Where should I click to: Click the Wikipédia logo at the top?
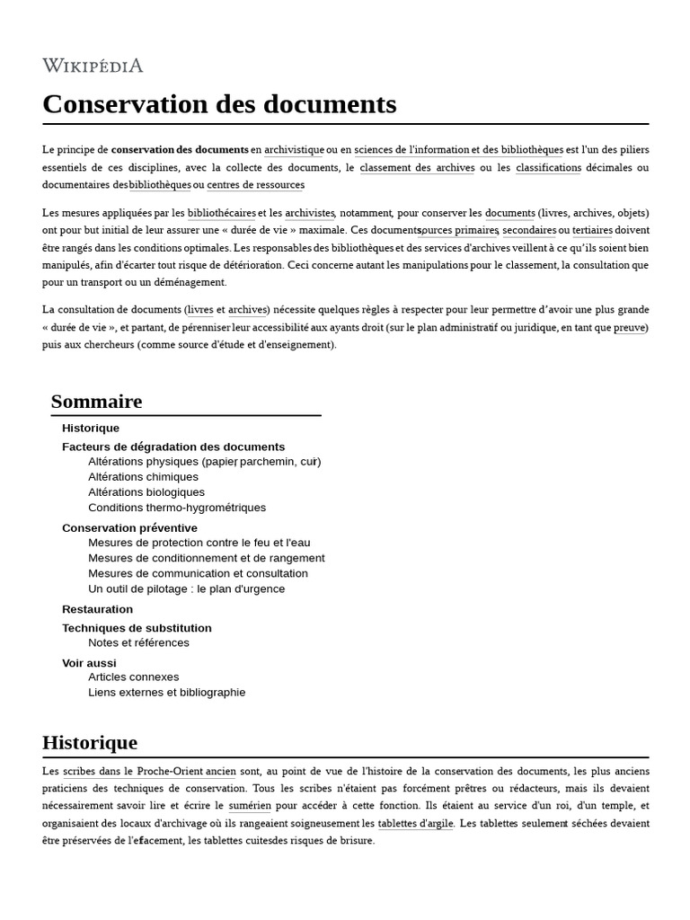[x=93, y=66]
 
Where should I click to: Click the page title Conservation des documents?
[x=219, y=104]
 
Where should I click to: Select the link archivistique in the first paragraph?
[x=294, y=150]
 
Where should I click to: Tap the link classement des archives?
[x=417, y=167]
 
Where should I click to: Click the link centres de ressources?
[x=256, y=185]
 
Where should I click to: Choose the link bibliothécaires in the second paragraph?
[x=221, y=213]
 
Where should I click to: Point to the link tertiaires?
[x=591, y=230]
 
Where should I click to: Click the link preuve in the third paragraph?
[x=629, y=328]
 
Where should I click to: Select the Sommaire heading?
[x=96, y=402]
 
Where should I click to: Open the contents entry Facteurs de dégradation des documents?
[x=173, y=447]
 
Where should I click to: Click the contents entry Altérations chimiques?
[x=143, y=477]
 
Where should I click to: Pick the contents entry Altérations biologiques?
[x=146, y=492]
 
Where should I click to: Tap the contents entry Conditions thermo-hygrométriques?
[x=177, y=508]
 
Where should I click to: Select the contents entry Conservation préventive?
[x=129, y=527]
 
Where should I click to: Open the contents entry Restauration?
[x=97, y=609]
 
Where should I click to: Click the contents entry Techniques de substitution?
[x=137, y=628]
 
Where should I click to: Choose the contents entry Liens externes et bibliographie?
[x=166, y=693]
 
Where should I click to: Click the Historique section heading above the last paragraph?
[x=90, y=743]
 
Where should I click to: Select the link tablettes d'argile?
[x=416, y=823]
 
